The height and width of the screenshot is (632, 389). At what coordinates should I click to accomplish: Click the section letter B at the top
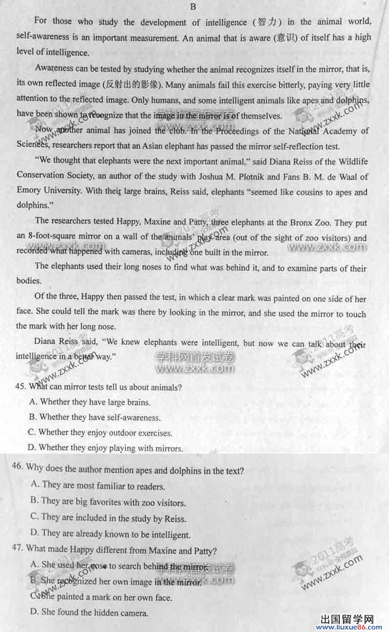click(x=193, y=7)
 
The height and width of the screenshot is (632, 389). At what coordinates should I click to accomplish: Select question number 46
click(x=17, y=467)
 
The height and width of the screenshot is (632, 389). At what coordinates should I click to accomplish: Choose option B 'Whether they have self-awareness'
click(x=95, y=417)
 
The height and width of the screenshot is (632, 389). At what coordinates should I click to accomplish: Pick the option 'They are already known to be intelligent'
click(x=111, y=535)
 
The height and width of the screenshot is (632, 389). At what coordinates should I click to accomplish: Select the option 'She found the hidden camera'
click(x=90, y=612)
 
